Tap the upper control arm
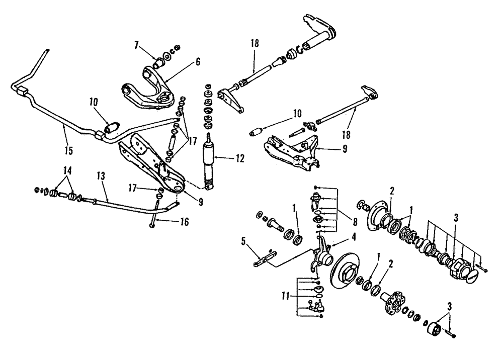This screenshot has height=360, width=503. [x=151, y=91]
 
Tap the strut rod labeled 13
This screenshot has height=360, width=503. [x=131, y=203]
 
